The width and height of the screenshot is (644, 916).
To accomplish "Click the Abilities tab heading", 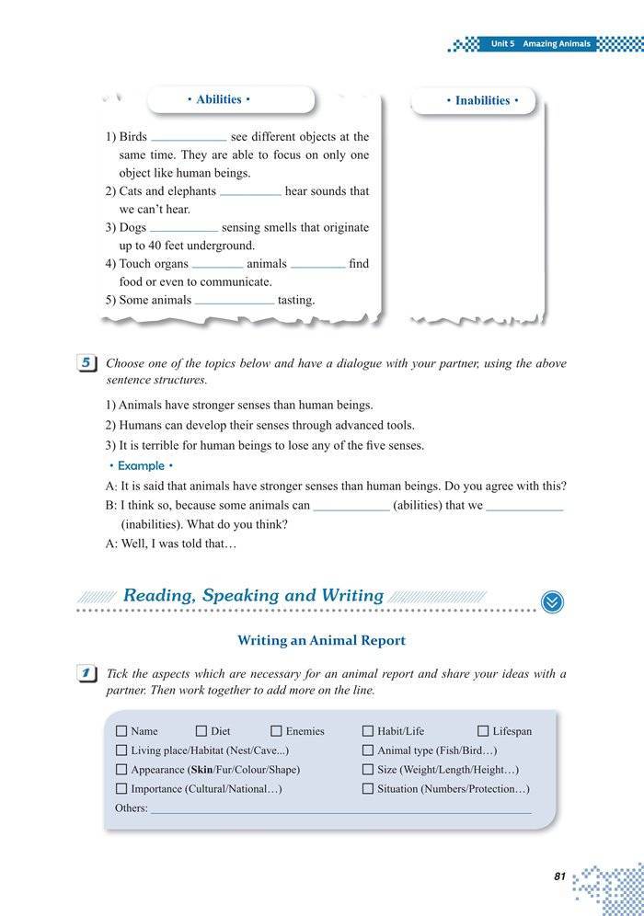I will click(x=218, y=99).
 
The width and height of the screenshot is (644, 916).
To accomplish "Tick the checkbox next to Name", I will click(x=121, y=731).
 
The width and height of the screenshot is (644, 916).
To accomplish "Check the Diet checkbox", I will click(x=201, y=731).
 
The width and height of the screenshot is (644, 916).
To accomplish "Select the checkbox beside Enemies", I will click(x=276, y=731).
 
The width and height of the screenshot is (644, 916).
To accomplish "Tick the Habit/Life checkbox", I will click(x=368, y=731).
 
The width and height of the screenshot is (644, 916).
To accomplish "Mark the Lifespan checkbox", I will click(x=483, y=731).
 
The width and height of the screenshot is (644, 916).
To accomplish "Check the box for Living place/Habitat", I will click(x=121, y=750).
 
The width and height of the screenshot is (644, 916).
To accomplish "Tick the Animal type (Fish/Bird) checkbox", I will click(x=368, y=750).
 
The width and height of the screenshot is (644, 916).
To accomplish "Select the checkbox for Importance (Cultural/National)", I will click(x=121, y=789).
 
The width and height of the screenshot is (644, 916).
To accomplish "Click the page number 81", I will click(x=559, y=876).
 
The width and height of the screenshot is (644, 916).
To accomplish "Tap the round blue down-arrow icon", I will click(x=553, y=601).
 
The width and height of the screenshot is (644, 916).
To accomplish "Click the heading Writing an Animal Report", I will click(x=321, y=640).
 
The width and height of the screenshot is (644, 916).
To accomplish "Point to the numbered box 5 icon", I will click(x=86, y=363).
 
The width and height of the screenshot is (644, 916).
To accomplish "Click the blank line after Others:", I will click(x=340, y=809).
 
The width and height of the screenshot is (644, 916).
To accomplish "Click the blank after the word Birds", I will click(x=188, y=138).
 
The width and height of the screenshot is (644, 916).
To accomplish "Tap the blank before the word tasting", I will click(x=234, y=301).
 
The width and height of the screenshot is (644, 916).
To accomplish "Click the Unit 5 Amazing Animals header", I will click(x=540, y=44).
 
